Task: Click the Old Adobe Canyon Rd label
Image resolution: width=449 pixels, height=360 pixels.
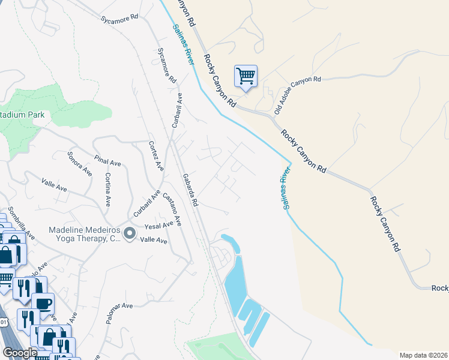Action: pos(297,95)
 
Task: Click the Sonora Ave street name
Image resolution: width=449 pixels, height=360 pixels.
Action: pos(79,163)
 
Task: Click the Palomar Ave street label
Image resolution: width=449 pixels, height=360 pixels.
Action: pos(119,313)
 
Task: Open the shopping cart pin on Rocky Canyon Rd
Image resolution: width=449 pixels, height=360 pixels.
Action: pos(246,76)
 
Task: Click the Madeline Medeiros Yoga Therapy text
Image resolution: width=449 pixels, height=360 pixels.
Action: pos(84,234)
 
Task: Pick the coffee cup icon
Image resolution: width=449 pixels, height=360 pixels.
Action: pos(44,303)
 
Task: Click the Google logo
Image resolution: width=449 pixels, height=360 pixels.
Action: pos(20,353)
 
